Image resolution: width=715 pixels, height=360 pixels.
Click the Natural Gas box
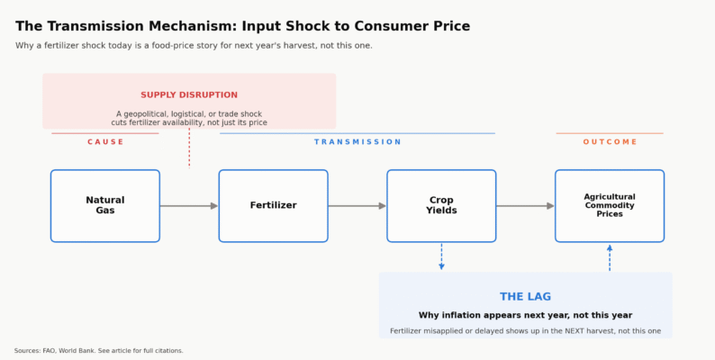click(x=104, y=205)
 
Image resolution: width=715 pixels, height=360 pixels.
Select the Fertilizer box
click(x=273, y=205)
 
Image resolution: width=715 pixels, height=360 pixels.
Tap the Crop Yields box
click(x=441, y=205)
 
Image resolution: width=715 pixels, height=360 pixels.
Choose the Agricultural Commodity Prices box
click(x=610, y=205)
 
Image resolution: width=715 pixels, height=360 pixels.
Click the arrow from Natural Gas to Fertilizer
click(x=189, y=206)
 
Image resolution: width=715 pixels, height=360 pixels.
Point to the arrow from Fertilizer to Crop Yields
click(x=357, y=206)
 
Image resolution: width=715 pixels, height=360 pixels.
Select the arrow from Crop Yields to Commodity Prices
click(x=526, y=206)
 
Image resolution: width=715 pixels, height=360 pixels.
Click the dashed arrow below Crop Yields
click(x=441, y=256)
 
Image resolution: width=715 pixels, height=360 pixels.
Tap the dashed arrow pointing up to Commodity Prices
click(x=610, y=258)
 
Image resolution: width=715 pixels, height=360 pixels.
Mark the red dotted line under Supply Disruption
click(x=189, y=148)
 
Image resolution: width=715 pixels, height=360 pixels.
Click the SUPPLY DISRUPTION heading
click(x=189, y=94)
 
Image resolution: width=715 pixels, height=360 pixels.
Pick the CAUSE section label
click(x=105, y=141)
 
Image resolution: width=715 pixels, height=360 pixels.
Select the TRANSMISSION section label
click(x=357, y=141)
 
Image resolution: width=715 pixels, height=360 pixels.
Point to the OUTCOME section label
click(x=610, y=141)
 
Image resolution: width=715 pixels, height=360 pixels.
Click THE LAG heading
click(x=525, y=297)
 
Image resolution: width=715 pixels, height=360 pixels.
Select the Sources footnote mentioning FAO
click(x=98, y=351)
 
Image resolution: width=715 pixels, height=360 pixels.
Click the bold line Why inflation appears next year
click(x=525, y=315)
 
